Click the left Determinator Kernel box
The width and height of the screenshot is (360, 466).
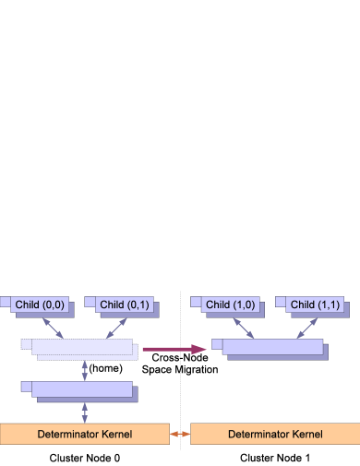85,434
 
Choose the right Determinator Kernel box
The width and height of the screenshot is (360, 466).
275,434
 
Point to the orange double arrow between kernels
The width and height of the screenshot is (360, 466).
180,434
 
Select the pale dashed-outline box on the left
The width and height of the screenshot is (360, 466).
81,349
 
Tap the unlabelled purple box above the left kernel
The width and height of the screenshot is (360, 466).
81,390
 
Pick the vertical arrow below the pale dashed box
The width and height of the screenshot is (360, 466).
85,370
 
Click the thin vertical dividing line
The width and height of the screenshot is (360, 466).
181,369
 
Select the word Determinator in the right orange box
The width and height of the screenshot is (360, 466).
259,434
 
